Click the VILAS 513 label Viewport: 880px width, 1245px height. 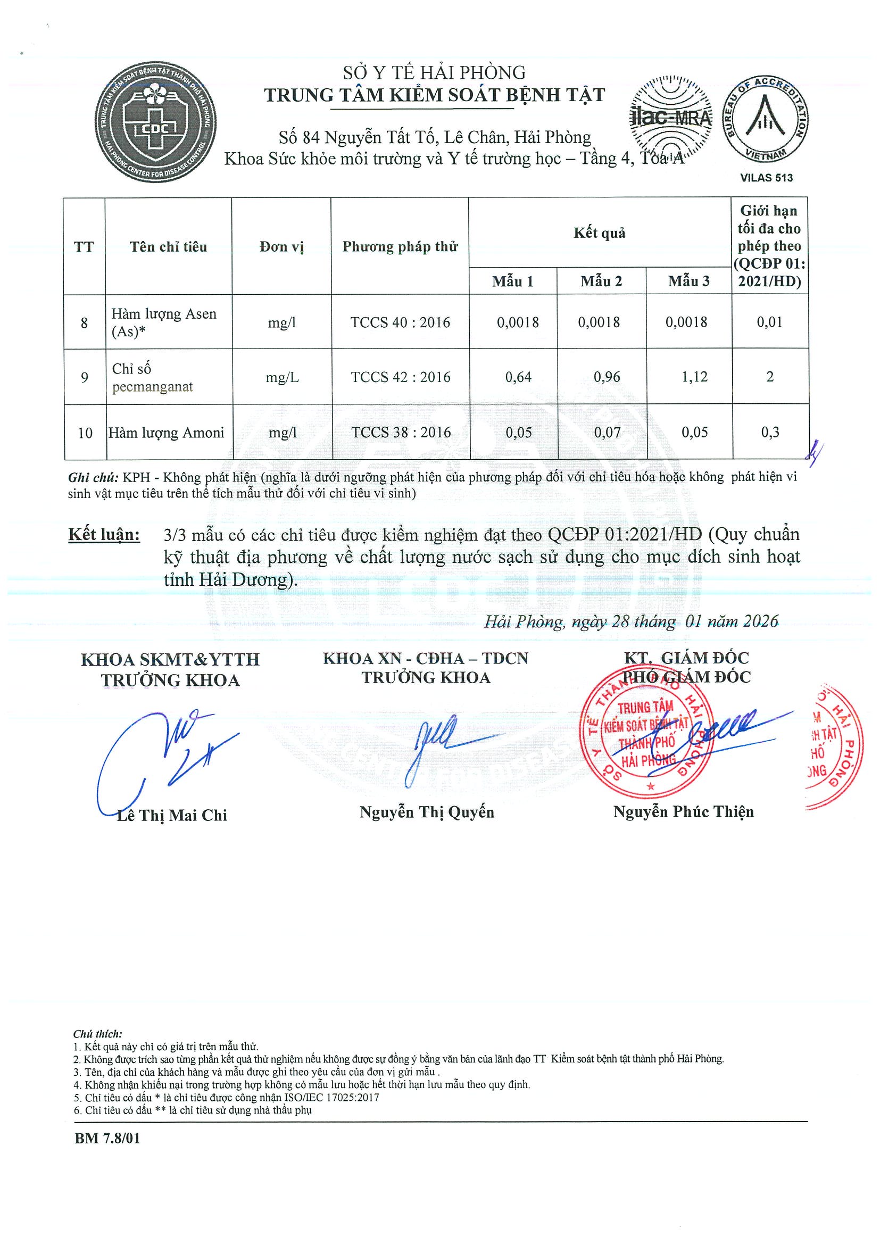coord(766,178)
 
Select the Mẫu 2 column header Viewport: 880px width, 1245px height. coord(601,281)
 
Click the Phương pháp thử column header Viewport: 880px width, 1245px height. coord(400,247)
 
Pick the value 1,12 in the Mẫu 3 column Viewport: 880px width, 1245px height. coord(694,376)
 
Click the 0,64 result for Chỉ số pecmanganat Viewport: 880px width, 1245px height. coord(518,376)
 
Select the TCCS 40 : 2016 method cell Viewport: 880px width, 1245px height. coord(400,322)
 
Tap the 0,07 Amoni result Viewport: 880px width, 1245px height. coord(607,432)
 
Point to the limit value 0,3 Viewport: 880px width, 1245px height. coord(769,432)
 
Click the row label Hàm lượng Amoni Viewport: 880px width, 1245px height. coord(167,433)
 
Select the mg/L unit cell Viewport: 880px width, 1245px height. coord(282,377)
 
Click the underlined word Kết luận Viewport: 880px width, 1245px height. coord(104,535)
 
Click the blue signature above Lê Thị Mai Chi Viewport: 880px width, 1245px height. coord(163,754)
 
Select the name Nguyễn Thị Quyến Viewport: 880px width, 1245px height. coord(427,812)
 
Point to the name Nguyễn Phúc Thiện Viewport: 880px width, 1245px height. coord(683,812)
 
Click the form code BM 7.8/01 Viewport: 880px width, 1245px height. coord(107,1153)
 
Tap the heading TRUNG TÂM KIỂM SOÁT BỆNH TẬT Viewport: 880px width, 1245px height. coord(434,95)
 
